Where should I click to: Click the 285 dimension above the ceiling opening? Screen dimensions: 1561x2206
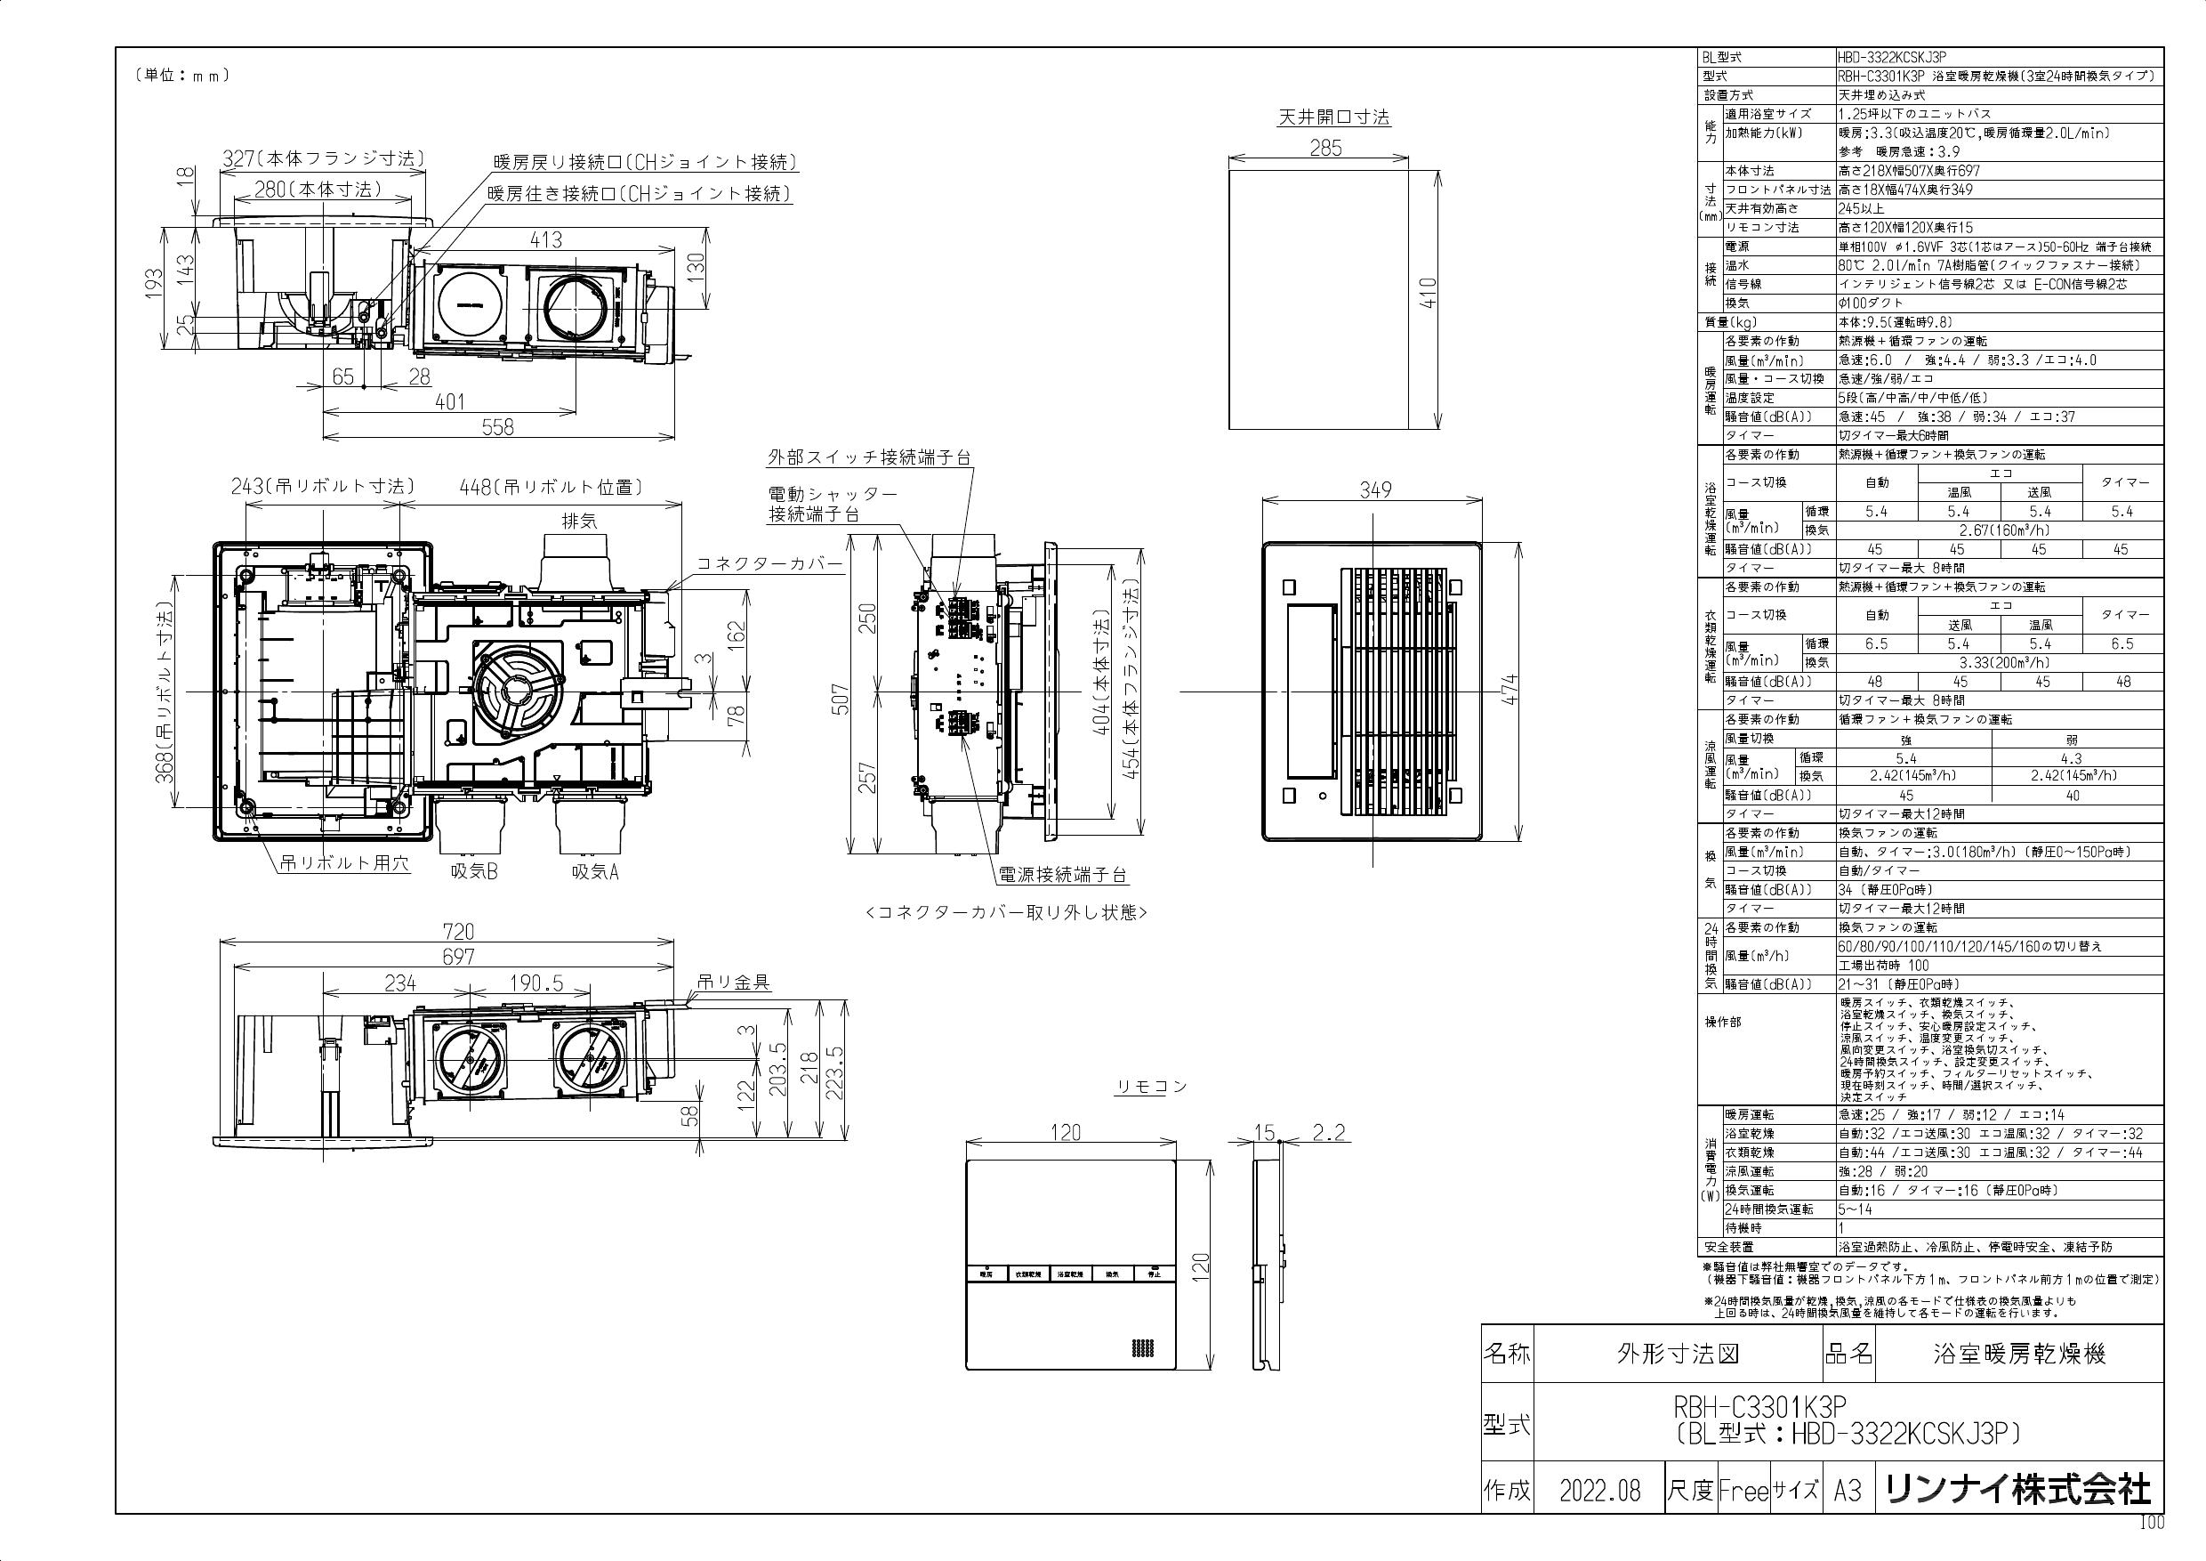tap(1325, 148)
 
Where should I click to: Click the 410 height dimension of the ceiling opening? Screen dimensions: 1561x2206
tap(1429, 292)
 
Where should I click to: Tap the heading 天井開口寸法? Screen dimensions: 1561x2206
tap(1332, 117)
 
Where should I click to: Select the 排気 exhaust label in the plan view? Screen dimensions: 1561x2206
tap(578, 521)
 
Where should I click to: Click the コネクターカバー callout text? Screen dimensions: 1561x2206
tap(769, 563)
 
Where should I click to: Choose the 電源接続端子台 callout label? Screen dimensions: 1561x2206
tap(1063, 875)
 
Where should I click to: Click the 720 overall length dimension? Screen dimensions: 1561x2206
tap(458, 932)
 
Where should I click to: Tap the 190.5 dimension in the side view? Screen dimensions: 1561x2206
tap(535, 983)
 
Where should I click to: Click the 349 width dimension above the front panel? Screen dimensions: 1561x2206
tap(1375, 490)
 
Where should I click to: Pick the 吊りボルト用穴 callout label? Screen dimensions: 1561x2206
tap(344, 863)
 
